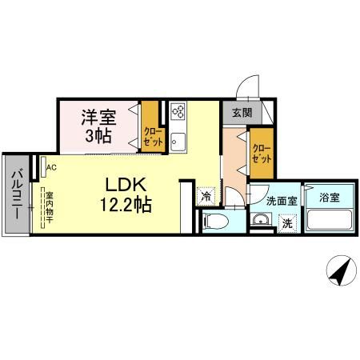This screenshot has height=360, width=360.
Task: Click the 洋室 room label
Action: click(x=98, y=117)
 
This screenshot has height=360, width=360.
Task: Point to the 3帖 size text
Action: click(x=98, y=135)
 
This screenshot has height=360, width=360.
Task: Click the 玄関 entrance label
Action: click(x=242, y=114)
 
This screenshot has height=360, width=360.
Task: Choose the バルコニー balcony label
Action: click(x=16, y=195)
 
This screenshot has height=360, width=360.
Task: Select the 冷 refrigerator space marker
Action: click(x=206, y=195)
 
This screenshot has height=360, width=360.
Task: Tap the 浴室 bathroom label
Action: click(x=328, y=196)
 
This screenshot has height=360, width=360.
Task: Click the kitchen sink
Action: click(x=178, y=143)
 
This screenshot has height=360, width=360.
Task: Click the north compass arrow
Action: click(x=340, y=273)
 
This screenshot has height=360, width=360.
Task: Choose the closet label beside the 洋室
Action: click(x=151, y=135)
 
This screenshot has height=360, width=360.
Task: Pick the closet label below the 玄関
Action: click(x=260, y=152)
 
